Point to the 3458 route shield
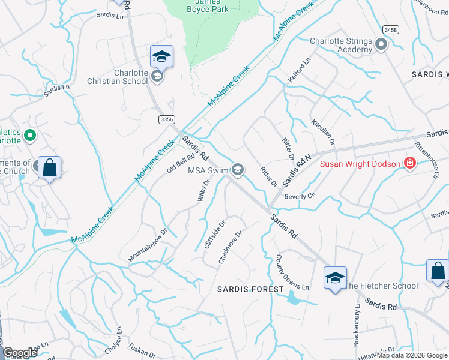point(390,29)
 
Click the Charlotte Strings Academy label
point(341,45)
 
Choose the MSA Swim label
point(209,170)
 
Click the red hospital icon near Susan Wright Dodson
point(410,163)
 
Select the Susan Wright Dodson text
point(360,164)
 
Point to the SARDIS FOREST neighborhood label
point(250,289)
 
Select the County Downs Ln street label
point(292,273)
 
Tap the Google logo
point(20,353)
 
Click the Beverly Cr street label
point(300,196)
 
